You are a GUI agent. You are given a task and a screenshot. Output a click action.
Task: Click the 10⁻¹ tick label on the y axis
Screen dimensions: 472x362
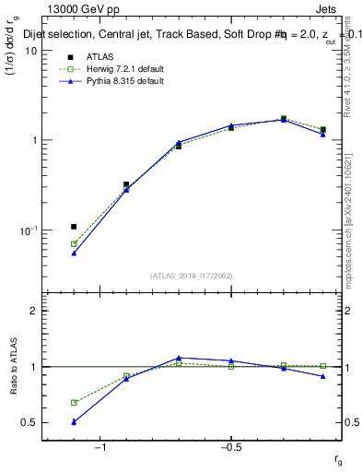[x=29, y=230]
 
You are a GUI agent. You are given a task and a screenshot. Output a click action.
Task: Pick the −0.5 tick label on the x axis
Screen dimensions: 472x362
[x=230, y=447]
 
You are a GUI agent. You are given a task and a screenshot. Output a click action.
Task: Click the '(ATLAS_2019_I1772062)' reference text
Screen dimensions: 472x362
[x=192, y=275]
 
